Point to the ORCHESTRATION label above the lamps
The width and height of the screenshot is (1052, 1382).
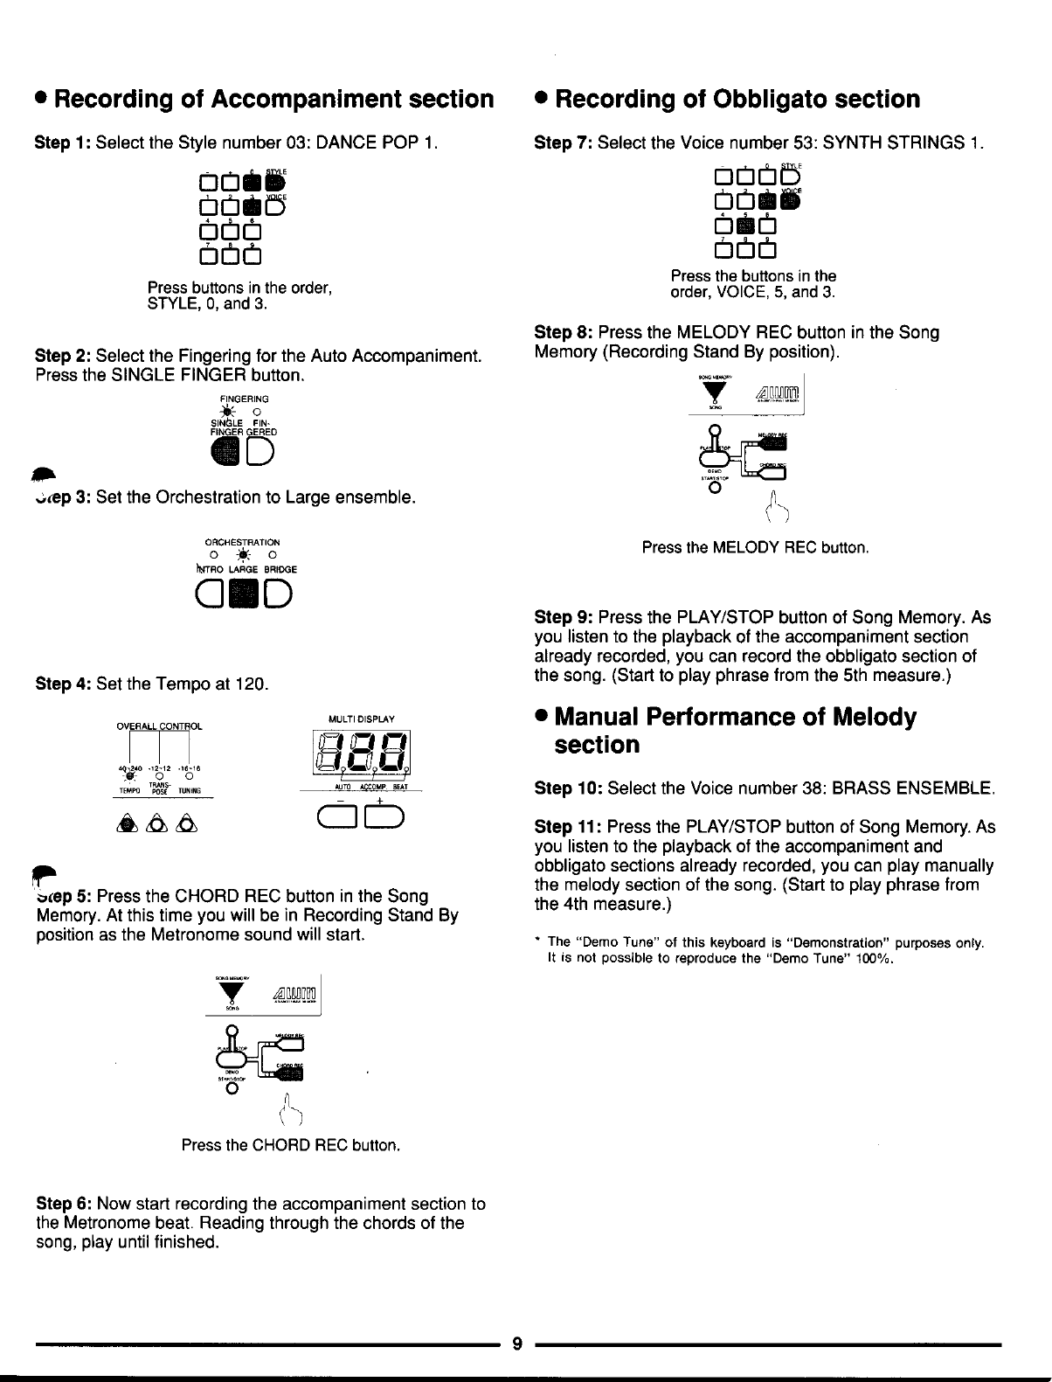244,543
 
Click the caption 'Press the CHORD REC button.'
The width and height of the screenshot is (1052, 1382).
291,1145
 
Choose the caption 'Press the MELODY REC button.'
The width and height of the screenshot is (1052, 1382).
755,548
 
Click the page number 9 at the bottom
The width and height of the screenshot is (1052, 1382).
517,1344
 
